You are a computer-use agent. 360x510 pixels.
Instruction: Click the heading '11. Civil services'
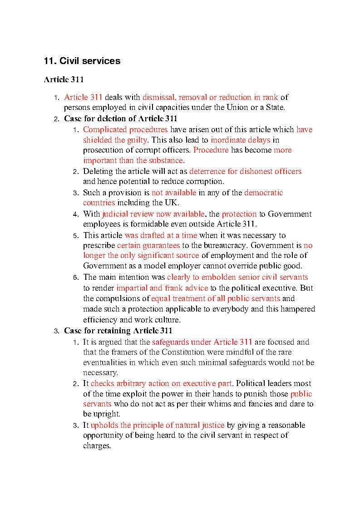82,61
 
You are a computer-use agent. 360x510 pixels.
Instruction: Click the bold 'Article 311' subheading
64,80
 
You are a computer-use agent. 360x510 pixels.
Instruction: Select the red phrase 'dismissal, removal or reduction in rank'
210,97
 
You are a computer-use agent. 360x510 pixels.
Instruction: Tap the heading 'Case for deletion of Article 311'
120,119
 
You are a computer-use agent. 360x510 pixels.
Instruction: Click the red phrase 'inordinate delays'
240,140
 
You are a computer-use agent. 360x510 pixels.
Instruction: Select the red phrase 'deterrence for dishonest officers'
245,171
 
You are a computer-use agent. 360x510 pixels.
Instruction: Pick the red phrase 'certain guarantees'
148,245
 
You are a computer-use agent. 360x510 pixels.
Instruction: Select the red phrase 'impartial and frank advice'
162,288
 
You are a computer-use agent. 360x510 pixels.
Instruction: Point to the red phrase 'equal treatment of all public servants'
215,298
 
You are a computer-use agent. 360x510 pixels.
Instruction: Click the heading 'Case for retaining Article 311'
118,331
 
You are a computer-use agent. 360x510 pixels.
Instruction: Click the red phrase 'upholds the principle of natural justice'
157,425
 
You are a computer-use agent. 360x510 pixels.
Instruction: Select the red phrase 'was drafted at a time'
161,235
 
